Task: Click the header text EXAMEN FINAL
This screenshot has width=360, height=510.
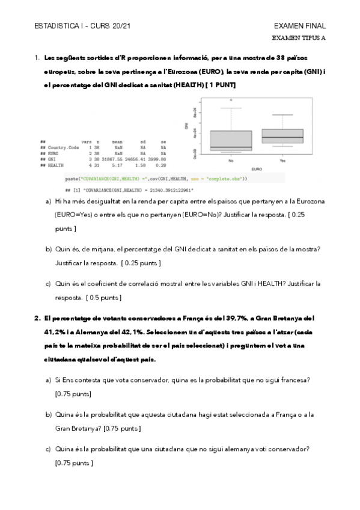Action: click(299, 26)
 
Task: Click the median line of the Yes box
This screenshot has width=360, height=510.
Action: click(282, 138)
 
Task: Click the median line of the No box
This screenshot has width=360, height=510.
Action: click(231, 147)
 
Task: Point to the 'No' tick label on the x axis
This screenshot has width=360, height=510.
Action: click(231, 161)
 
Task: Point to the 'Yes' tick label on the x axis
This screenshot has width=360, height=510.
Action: click(282, 161)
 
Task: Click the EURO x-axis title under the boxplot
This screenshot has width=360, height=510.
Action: click(257, 168)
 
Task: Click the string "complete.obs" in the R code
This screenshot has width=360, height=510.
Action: click(222, 179)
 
